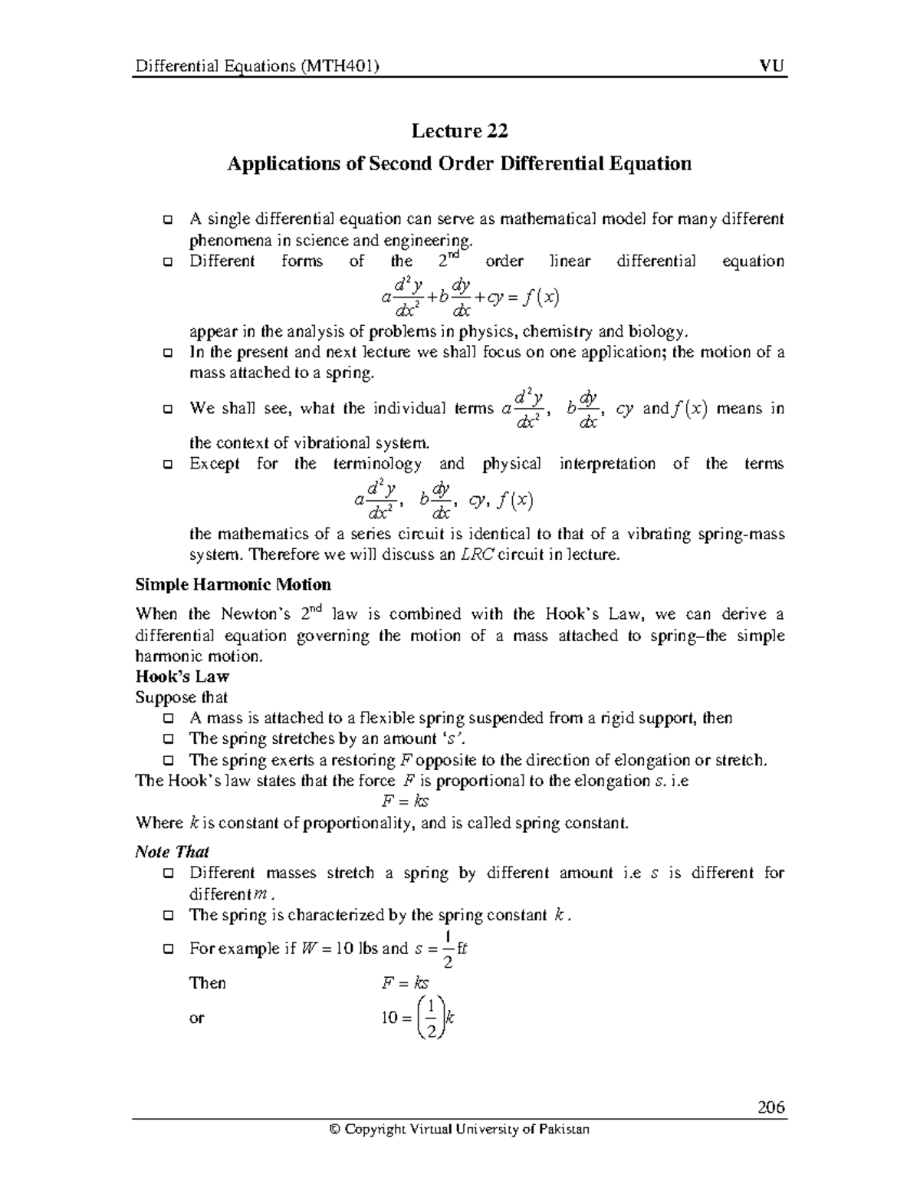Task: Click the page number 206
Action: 770,1107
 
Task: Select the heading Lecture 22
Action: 459,131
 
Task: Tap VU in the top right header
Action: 773,66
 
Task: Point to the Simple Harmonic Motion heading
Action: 233,585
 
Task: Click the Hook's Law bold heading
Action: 182,676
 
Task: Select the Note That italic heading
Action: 172,852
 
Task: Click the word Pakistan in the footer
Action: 563,1129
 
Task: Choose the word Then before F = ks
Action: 208,983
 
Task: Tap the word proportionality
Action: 360,823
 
